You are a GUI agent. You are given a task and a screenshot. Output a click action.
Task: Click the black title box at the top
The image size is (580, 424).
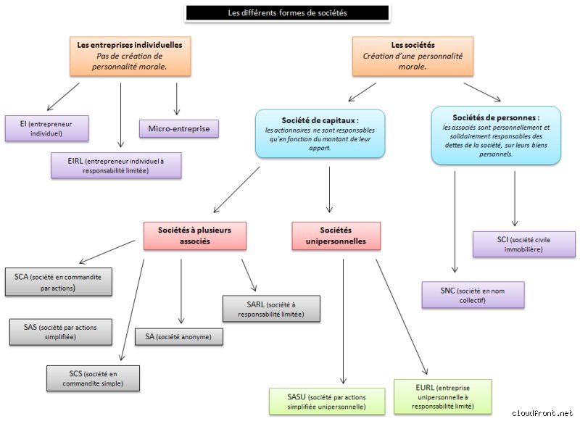coord(287,13)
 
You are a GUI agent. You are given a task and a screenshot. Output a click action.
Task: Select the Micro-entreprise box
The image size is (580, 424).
coord(179,128)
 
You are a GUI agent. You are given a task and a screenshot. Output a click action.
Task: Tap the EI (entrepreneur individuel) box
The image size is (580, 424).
coord(46,128)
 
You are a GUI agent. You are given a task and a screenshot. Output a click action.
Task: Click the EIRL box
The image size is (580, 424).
coord(116,165)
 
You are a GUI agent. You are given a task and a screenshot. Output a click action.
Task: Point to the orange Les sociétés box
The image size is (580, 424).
coord(413,57)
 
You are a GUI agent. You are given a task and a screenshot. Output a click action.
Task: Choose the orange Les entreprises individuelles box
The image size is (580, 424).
coord(130,57)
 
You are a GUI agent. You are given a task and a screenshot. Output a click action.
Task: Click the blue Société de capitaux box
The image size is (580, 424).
coord(320,133)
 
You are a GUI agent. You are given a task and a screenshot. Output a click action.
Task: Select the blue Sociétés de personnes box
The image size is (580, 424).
coord(496,136)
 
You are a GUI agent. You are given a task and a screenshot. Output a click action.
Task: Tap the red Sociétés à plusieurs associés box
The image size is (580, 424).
coord(195,236)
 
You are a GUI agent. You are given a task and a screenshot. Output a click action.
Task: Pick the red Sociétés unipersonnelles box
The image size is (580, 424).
coord(336,236)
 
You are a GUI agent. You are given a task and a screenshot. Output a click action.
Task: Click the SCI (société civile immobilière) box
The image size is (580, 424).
coord(524,244)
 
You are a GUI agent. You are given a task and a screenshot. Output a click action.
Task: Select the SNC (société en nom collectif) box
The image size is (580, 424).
coord(473,295)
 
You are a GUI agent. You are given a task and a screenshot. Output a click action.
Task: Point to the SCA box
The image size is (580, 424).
coord(59,282)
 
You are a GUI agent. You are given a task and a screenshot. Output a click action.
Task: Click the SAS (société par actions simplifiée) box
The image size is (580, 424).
coord(61,332)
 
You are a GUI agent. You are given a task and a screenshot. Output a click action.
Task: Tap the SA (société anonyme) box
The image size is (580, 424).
coord(179,337)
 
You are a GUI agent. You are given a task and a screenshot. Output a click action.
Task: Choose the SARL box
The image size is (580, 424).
coord(271,309)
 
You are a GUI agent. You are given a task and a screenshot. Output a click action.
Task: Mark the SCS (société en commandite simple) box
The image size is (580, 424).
coord(94,378)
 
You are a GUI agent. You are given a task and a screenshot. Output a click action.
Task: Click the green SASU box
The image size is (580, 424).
coord(327,402)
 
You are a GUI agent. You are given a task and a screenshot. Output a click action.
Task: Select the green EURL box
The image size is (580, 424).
coord(443,396)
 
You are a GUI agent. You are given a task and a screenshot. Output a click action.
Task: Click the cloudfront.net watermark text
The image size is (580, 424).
coord(542,413)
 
